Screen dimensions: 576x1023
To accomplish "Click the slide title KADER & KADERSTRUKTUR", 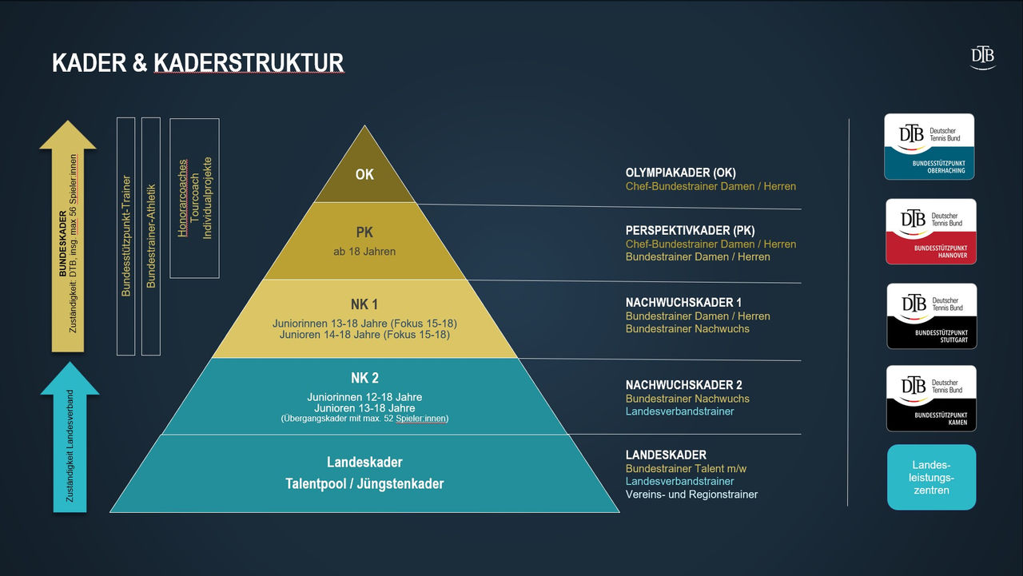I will point(197,63).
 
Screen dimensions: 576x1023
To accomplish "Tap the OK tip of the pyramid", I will point(364,173).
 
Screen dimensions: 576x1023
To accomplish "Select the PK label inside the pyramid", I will point(364,233).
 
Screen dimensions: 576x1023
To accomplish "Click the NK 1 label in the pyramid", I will point(364,304).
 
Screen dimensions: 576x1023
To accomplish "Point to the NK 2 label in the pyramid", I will point(364,379).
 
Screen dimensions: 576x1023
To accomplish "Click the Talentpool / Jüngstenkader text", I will point(364,483).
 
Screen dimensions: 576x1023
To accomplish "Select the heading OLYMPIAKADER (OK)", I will point(681,173).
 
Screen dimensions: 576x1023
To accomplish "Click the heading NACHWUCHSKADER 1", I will point(683,303).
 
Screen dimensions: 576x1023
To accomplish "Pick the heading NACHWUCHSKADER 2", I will point(684,385).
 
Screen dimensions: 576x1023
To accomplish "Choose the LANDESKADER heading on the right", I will point(666,455).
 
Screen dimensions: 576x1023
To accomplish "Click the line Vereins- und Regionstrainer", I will point(691,495).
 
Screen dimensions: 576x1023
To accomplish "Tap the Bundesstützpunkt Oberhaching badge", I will point(929,146).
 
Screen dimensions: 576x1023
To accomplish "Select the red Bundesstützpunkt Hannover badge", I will point(930,231).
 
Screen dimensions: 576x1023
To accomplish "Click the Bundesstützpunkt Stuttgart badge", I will point(931,316).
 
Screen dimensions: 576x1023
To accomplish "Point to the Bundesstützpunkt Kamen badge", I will point(931,398).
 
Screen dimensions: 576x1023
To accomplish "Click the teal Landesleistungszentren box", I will point(931,477).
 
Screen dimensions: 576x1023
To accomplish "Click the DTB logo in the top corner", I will point(982,57).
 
